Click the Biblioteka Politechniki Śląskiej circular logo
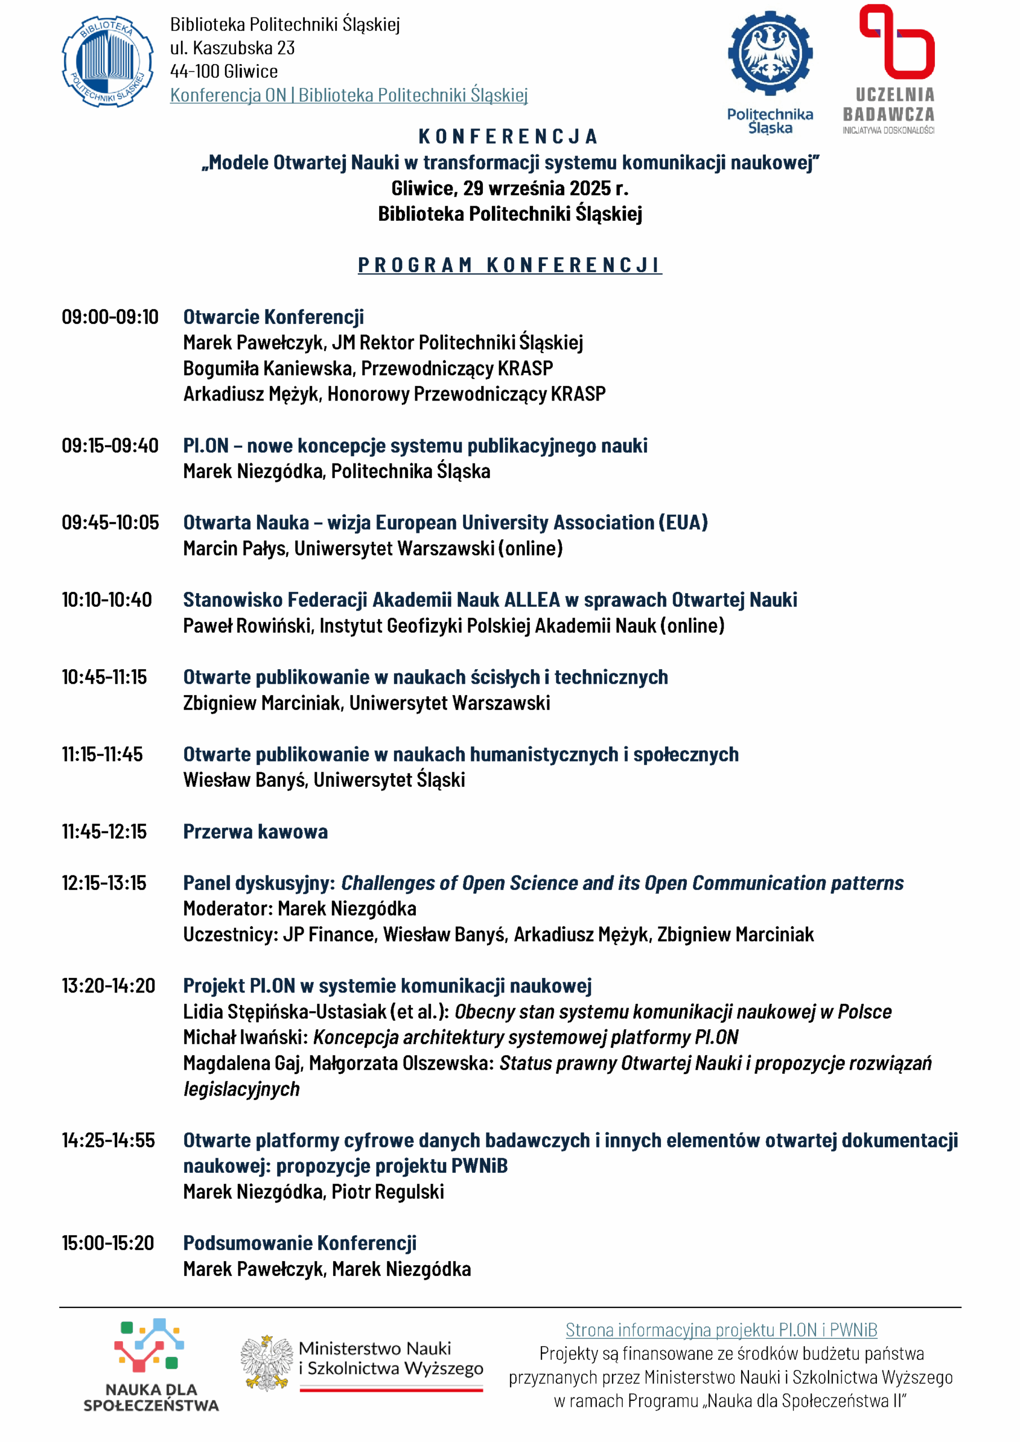108,61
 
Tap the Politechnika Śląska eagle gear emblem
770,54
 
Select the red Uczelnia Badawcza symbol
897,42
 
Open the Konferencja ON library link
349,95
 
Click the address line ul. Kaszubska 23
232,48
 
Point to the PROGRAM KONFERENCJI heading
509,266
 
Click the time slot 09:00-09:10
110,317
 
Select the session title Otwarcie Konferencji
273,317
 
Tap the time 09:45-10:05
110,523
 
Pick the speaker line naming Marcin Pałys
372,548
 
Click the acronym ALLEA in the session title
531,600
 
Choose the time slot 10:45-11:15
104,677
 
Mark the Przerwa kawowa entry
255,831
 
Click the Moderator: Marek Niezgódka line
300,909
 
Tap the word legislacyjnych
241,1089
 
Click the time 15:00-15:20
108,1243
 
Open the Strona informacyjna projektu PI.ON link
721,1329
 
